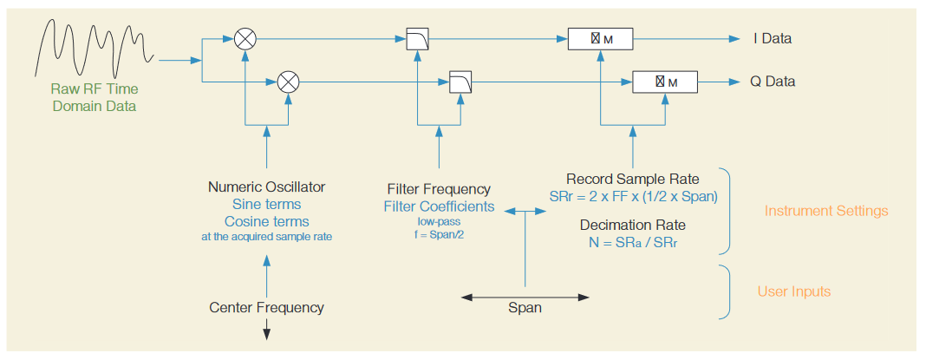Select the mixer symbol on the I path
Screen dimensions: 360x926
246,38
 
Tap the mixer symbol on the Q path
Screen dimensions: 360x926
288,82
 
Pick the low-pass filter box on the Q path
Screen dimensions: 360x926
460,82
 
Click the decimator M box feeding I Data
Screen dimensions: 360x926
600,39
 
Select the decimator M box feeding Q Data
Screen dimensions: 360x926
665,82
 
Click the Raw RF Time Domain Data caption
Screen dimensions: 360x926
95,97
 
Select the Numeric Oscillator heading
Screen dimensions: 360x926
266,187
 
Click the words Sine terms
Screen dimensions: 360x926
266,205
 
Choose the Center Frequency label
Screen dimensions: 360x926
266,307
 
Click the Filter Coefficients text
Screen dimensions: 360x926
439,206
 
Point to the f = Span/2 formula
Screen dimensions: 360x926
439,234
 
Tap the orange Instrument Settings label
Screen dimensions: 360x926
825,211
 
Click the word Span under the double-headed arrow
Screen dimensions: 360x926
525,308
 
